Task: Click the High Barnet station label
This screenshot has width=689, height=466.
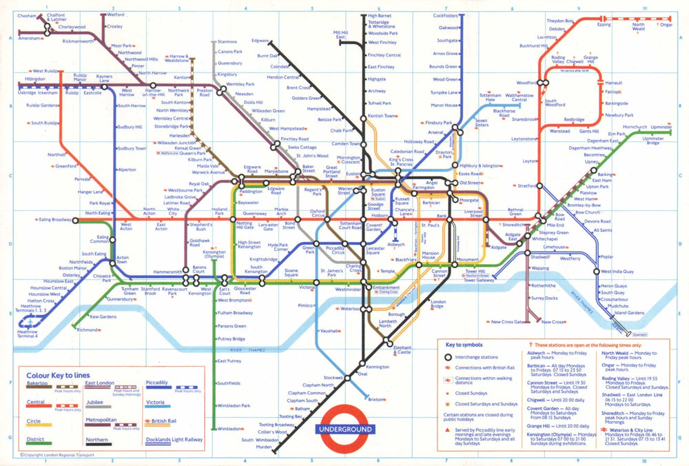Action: point(380,15)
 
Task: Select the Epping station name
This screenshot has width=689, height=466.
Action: point(604,25)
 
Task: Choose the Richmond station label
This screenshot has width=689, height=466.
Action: point(88,330)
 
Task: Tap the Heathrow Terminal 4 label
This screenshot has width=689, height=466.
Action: point(28,334)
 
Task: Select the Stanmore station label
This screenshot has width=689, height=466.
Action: point(227,42)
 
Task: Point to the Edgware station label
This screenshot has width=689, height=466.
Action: point(260,41)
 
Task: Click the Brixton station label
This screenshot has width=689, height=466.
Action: point(376,400)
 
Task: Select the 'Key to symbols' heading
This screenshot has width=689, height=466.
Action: point(464,344)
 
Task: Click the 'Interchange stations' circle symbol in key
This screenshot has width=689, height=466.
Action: point(448,357)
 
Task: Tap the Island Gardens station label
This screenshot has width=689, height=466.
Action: point(630,313)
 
